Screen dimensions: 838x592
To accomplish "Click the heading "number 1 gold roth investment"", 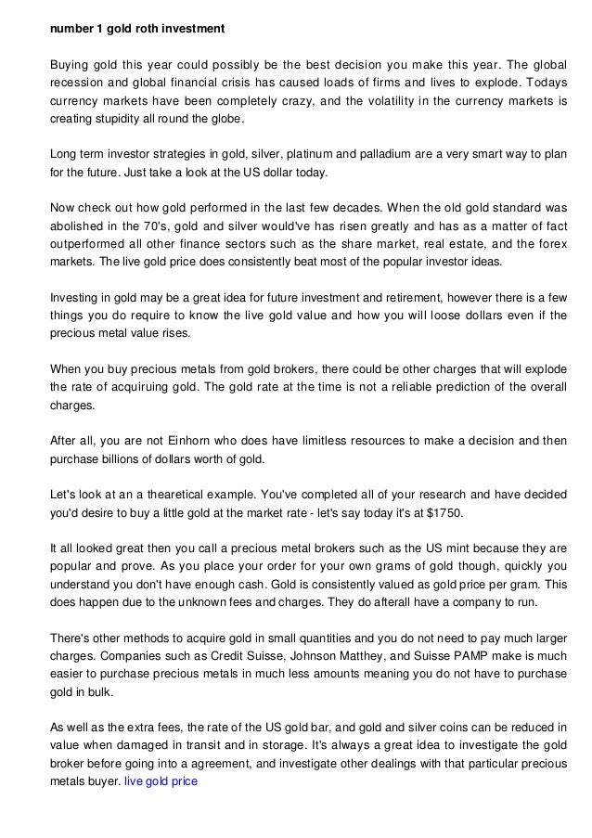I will point(136,28).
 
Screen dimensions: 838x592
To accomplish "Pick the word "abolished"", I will point(75,224).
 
